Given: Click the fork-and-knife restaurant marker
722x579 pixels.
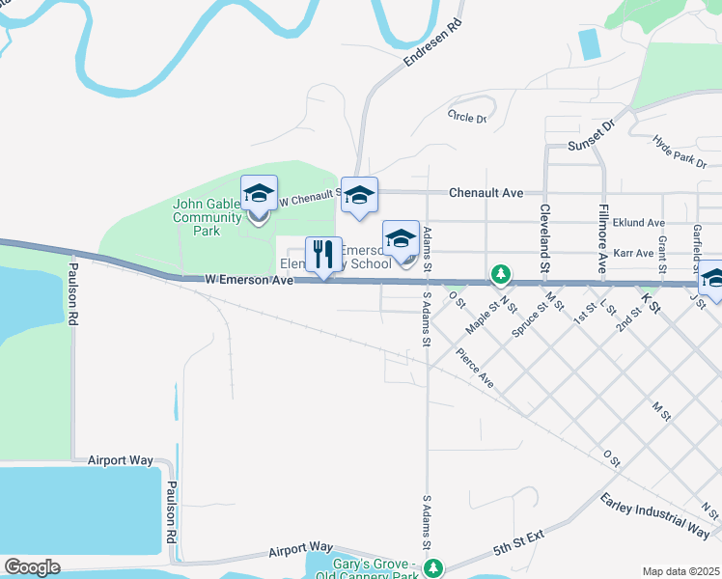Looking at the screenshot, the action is pyautogui.click(x=324, y=256).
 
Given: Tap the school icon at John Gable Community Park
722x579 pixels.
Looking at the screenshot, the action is pyautogui.click(x=259, y=194).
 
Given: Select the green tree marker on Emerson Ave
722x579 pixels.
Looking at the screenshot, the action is pyautogui.click(x=500, y=275).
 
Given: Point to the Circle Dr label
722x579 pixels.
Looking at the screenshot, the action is pyautogui.click(x=467, y=116).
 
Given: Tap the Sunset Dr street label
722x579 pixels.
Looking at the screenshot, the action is pyautogui.click(x=592, y=137).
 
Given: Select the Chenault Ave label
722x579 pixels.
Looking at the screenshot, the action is pyautogui.click(x=486, y=193).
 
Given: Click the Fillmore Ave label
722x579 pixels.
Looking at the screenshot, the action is pyautogui.click(x=601, y=237).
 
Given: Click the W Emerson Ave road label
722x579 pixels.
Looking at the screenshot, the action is pyautogui.click(x=248, y=280).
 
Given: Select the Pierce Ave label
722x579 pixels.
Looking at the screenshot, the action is pyautogui.click(x=476, y=370).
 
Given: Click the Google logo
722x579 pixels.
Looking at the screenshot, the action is pyautogui.click(x=32, y=567).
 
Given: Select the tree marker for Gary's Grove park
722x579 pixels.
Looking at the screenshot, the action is pyautogui.click(x=434, y=567).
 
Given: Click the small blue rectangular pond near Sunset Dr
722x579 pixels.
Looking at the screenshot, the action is pyautogui.click(x=588, y=44).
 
